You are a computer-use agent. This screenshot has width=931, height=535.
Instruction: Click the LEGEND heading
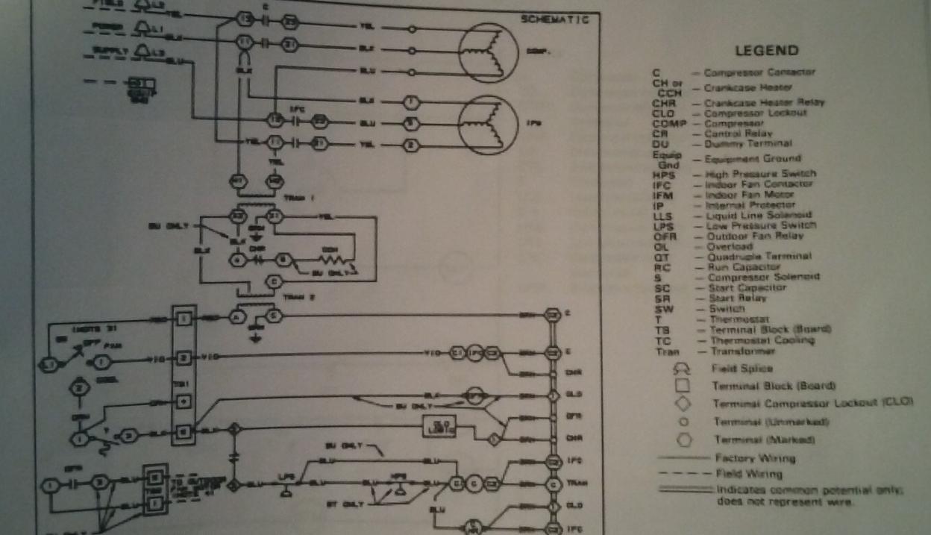click(x=767, y=51)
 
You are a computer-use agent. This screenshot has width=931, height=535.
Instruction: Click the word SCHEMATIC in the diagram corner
click(x=555, y=19)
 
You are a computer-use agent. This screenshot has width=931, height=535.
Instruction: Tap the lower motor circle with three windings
click(x=489, y=124)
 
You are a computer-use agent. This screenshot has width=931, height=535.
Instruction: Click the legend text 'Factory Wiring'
click(x=754, y=458)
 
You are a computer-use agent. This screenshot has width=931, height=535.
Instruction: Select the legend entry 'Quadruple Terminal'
click(x=757, y=256)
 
